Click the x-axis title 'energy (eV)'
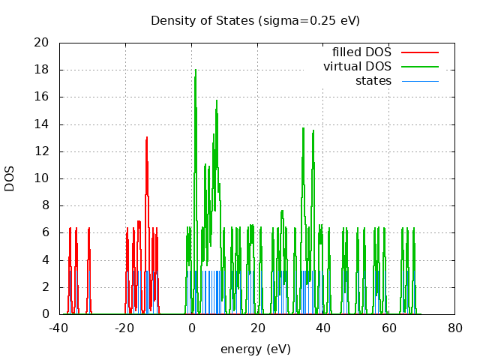[x=255, y=349]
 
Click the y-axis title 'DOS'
[x=10, y=178]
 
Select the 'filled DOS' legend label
[x=361, y=52]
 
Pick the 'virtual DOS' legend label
[x=357, y=67]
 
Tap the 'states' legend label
[x=373, y=80]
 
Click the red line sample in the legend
[x=419, y=52]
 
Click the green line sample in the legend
[x=419, y=67]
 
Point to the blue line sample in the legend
[x=419, y=80]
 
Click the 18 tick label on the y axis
[x=43, y=70]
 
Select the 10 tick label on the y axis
[x=43, y=178]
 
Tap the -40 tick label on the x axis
[x=59, y=327]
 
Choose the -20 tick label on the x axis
[x=125, y=327]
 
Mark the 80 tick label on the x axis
[x=454, y=327]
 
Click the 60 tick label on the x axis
[x=388, y=327]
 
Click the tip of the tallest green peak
[x=196, y=70]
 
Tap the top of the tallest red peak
[x=147, y=137]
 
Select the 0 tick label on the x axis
[x=191, y=327]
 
